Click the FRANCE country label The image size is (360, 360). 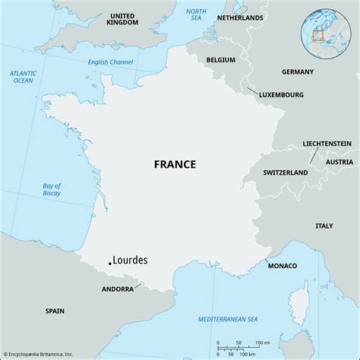175,164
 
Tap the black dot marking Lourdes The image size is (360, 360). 110,263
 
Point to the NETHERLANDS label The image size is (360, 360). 240,17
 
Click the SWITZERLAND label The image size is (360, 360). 285,173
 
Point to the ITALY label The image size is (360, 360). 324,226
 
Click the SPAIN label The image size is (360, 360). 55,311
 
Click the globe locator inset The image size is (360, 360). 318,34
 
